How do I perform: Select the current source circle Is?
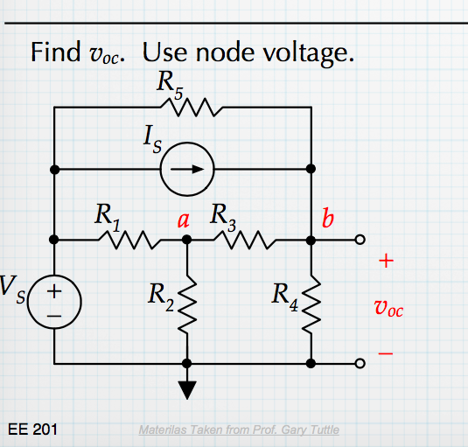point(185,169)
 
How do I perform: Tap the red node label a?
point(184,220)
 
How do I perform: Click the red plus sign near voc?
point(387,261)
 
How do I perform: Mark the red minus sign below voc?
point(387,354)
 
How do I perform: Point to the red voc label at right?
point(388,308)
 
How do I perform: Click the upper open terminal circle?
point(359,239)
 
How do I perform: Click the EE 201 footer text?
point(32,430)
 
